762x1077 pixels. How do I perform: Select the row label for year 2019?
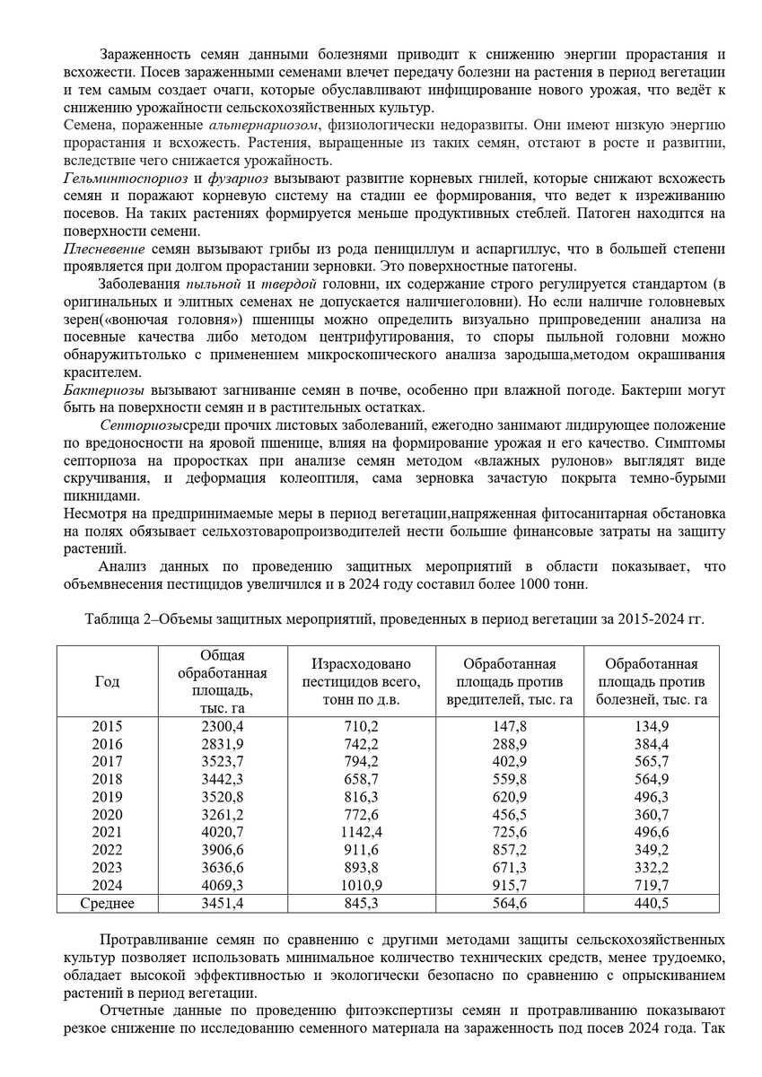(x=107, y=796)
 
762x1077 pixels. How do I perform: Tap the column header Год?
(x=107, y=681)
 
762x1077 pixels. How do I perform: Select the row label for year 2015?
(x=107, y=727)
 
